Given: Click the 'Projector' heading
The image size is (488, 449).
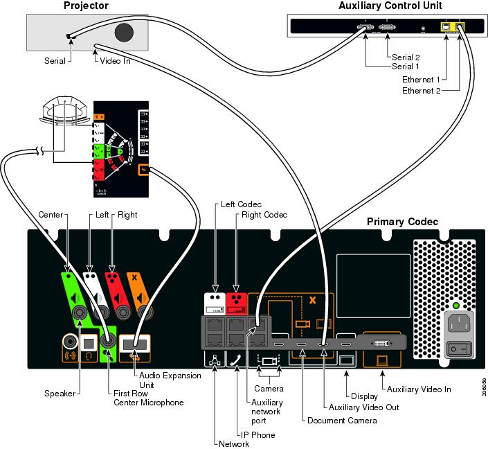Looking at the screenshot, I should point(86,6).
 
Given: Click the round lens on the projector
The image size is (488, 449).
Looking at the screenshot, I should point(125,33).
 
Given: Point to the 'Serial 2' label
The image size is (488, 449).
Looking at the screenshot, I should point(406,58).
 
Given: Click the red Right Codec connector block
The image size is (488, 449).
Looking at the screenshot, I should point(235,302).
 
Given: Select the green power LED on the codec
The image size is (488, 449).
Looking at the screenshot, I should point(455,306).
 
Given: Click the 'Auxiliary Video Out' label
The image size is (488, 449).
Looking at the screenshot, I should point(364,407).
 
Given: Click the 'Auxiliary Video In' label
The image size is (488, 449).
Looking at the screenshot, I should point(419,389).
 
